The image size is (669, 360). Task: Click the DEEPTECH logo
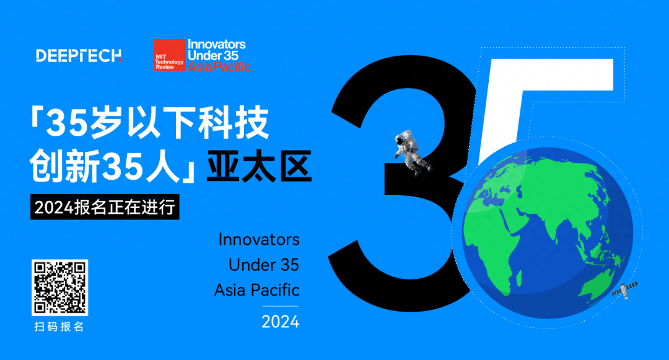pos(79,55)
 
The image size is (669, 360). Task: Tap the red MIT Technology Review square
pos(169,55)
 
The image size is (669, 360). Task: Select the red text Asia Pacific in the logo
pos(219,66)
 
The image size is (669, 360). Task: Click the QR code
pos(59,288)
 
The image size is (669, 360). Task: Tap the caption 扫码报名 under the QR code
pos(59,327)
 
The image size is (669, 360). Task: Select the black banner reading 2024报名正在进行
pos(105,207)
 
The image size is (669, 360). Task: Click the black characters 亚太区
pos(259,166)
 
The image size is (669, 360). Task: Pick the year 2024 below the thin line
pos(281,322)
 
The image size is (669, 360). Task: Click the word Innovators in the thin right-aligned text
pos(259,240)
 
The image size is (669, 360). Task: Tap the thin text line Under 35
pos(264,265)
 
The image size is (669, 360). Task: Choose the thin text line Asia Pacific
pos(257,290)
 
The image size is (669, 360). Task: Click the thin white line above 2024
pos(281,306)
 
